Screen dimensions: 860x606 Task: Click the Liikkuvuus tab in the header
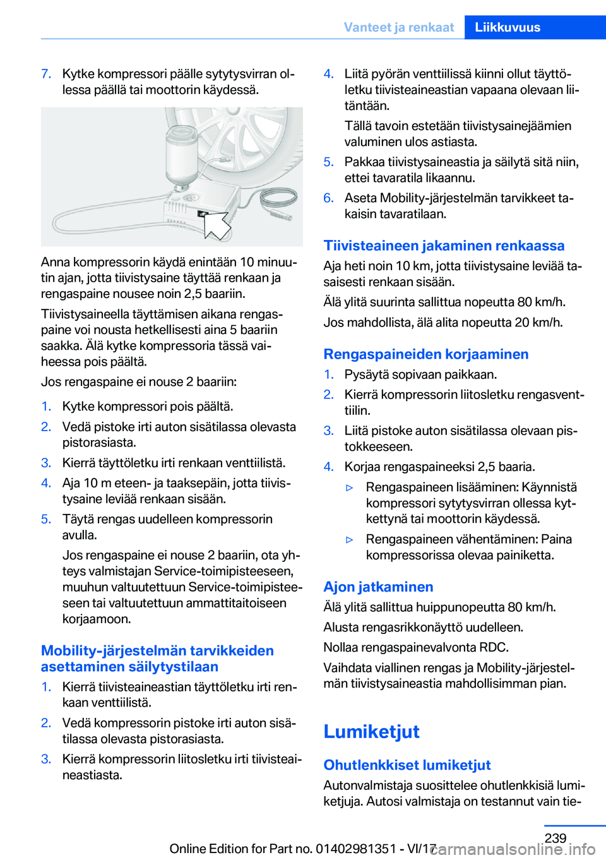tap(508, 27)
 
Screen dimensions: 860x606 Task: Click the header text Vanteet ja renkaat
tap(398, 27)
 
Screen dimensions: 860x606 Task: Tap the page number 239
tap(555, 838)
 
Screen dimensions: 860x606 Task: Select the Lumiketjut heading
tap(371, 731)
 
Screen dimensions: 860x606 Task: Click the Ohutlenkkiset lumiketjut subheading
tap(407, 765)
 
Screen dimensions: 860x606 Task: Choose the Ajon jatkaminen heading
tap(378, 587)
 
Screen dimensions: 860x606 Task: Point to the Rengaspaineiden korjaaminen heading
tap(425, 354)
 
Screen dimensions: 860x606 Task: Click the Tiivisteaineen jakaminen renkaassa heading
tap(444, 245)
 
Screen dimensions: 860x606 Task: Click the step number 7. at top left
tap(46, 74)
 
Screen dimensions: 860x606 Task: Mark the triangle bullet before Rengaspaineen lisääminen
tap(350, 487)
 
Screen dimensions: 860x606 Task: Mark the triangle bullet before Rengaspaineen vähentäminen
tap(350, 540)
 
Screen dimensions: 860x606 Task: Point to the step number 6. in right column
tap(328, 198)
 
